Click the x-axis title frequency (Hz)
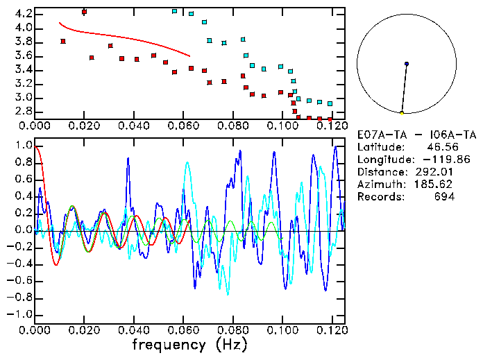point(189,345)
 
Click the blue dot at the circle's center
point(406,64)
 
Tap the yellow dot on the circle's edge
point(402,112)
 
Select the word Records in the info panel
point(377,197)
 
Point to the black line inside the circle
point(404,88)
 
